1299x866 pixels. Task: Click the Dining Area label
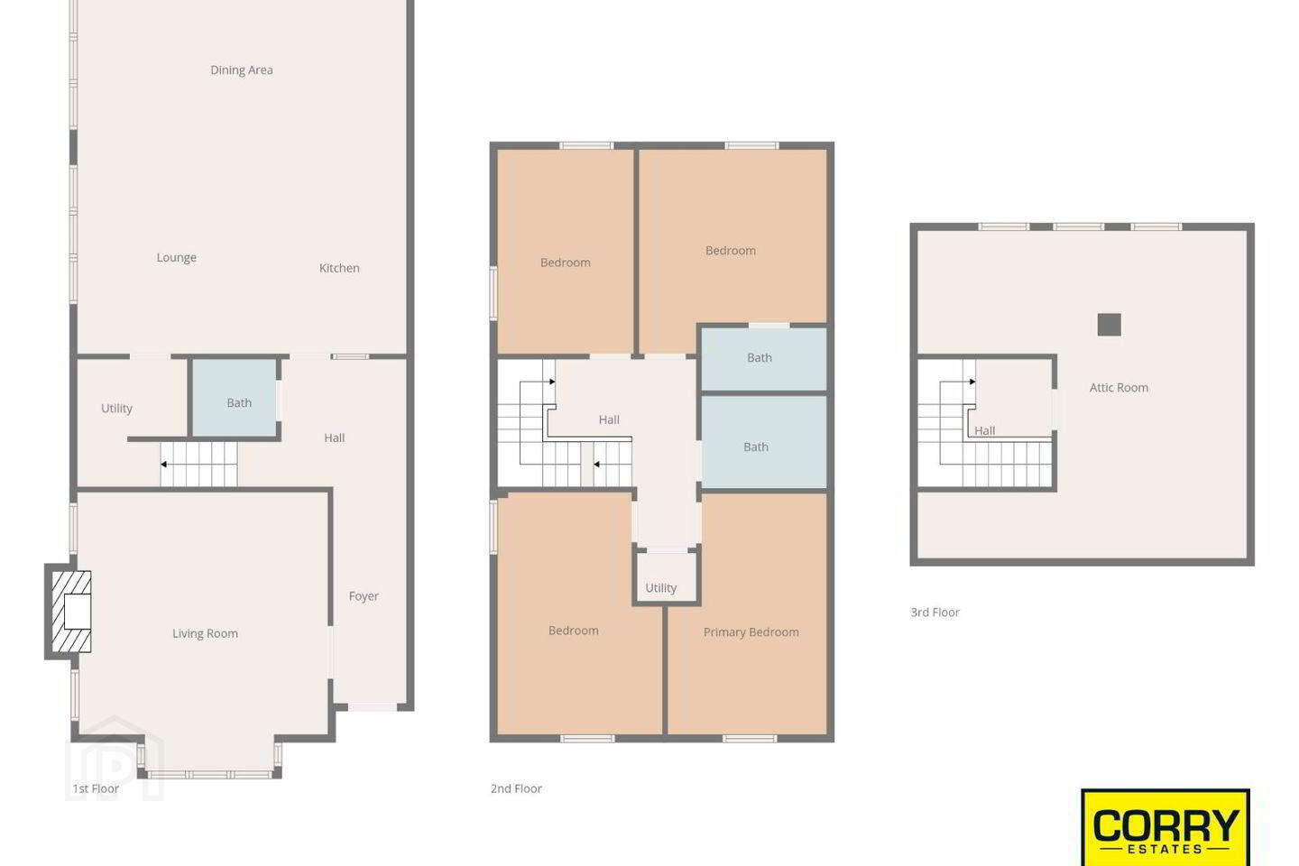pos(241,70)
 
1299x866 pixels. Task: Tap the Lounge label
pos(176,257)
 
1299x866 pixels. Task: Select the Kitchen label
pos(339,268)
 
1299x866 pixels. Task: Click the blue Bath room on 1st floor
pos(235,398)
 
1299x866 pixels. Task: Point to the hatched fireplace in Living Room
pos(71,612)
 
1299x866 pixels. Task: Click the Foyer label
pos(364,596)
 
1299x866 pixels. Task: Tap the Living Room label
pos(206,633)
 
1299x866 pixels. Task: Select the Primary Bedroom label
pos(751,632)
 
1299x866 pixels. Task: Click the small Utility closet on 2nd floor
pos(667,577)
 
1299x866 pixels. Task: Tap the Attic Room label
pos(1119,388)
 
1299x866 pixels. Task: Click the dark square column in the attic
pos(1109,325)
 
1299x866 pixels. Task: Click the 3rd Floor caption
pos(935,613)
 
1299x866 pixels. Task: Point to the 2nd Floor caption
pos(516,788)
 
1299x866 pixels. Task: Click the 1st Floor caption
pos(96,788)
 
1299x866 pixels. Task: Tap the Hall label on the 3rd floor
pos(985,431)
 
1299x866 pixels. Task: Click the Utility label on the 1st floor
pos(116,409)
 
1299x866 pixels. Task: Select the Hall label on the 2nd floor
pos(609,420)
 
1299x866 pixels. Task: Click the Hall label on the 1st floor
pos(334,438)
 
